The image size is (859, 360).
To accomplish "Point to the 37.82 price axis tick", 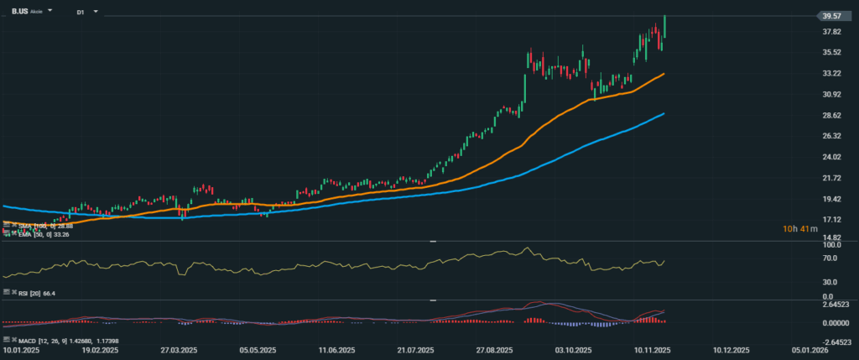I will [832, 32].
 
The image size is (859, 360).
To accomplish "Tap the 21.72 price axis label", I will [832, 178].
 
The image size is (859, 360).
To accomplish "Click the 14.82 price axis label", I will [832, 237].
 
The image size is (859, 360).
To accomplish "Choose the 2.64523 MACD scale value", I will [836, 304].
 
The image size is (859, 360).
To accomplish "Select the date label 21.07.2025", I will [414, 350].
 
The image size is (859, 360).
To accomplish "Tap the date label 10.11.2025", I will [651, 350].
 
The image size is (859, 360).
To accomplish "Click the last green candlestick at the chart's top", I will [664, 25].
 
